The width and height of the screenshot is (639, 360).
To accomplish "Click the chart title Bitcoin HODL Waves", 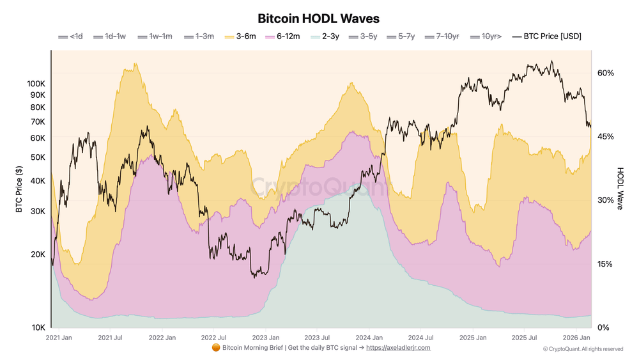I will (x=318, y=19).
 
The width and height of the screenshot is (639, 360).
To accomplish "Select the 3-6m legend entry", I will (x=241, y=36).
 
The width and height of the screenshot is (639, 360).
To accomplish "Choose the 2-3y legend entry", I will (x=325, y=36).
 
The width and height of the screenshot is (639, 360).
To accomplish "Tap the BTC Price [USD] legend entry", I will (x=547, y=36).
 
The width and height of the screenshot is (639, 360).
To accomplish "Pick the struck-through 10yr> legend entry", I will (x=486, y=36).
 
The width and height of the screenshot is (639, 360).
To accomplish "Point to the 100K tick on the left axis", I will (x=36, y=84).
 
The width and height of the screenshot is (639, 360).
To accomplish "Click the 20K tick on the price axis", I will (x=38, y=254).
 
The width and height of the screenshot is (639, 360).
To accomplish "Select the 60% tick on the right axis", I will (x=605, y=73).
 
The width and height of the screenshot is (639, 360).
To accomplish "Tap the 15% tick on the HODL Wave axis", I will (x=605, y=264).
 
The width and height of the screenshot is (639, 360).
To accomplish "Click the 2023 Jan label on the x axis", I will (x=265, y=337).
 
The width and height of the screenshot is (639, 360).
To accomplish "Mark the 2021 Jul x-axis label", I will (x=111, y=337).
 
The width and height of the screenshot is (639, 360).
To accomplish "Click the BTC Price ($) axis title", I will (x=19, y=189).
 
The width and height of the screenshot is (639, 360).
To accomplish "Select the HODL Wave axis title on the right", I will (x=620, y=189).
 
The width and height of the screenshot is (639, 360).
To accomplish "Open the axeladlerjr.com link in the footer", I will (x=398, y=348).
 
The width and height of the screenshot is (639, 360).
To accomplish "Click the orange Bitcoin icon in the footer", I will (x=215, y=348).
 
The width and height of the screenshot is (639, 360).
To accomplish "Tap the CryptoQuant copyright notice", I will (x=583, y=349).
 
